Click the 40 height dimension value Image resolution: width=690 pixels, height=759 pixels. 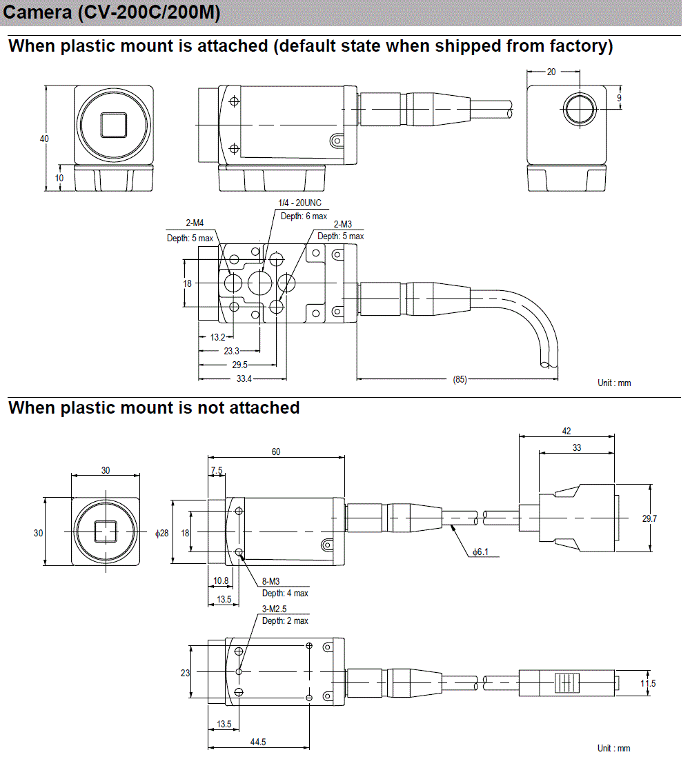44,139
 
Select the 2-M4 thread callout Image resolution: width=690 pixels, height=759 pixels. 195,223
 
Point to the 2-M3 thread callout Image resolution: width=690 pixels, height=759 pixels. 344,224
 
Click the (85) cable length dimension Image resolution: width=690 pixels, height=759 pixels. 460,379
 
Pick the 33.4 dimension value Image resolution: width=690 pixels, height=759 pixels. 244,379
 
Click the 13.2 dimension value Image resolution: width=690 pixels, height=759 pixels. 217,337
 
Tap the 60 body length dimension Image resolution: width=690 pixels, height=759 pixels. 276,452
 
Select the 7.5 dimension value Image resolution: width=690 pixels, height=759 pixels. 217,470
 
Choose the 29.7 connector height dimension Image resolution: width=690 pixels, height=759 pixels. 649,518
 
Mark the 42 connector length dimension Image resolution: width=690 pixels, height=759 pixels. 566,431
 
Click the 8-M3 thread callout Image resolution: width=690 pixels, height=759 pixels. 270,582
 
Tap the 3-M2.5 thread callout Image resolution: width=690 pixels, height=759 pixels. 275,609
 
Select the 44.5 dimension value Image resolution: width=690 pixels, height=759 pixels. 258,742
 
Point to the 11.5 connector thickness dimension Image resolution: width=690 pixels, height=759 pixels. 648,683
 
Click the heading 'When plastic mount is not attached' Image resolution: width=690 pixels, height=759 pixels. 154,407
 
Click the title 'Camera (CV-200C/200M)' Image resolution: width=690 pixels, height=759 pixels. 112,13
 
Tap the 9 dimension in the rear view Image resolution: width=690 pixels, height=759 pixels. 619,98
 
